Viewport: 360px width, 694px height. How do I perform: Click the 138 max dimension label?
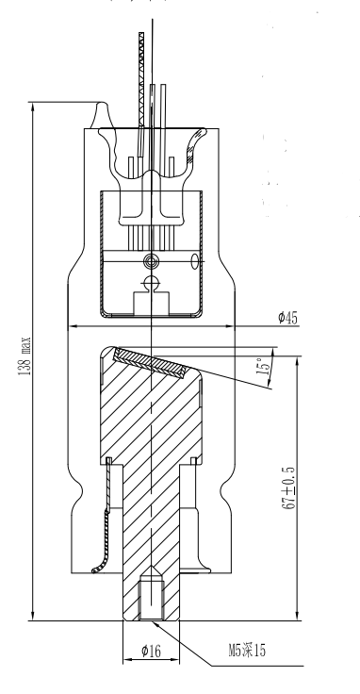[x=25, y=355]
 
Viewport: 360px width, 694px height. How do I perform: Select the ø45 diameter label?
[x=288, y=318]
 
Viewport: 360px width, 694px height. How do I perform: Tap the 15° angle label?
[x=262, y=366]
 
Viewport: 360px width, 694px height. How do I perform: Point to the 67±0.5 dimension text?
[x=288, y=487]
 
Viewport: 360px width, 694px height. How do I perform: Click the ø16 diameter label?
[x=151, y=651]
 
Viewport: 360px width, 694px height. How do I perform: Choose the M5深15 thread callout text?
[x=247, y=651]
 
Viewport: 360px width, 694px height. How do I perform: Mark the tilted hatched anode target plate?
[x=150, y=362]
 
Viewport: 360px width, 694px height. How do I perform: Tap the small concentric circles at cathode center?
[x=151, y=260]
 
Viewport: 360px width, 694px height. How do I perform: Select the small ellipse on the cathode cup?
[x=194, y=261]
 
